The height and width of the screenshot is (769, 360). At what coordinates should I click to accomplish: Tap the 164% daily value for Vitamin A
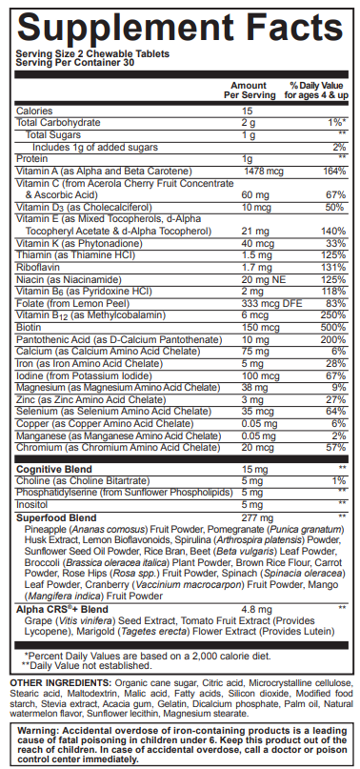(333, 171)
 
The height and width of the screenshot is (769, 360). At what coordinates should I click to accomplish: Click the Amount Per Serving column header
(249, 91)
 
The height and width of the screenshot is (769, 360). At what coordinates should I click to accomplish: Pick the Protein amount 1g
(247, 158)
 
